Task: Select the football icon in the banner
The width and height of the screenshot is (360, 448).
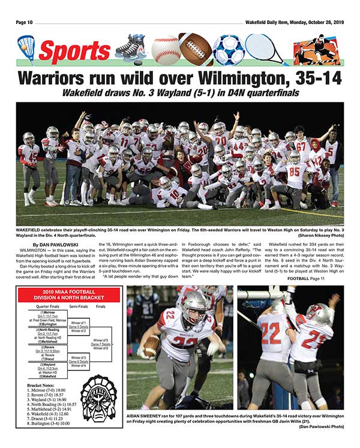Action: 195,49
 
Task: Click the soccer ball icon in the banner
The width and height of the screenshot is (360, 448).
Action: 227,50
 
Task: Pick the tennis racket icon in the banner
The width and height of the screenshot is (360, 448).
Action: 264,50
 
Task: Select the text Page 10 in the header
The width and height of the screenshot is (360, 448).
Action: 28,23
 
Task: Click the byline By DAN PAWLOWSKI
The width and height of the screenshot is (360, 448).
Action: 56,245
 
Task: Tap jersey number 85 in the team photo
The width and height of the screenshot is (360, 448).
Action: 295,172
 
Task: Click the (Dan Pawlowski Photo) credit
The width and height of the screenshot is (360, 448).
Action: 322,426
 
